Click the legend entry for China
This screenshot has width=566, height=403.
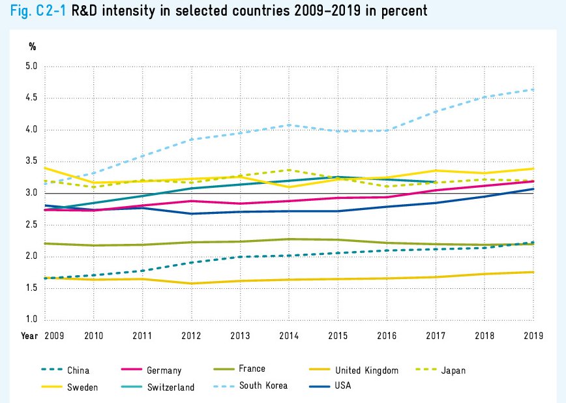pos(78,371)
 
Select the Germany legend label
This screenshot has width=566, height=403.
pos(163,371)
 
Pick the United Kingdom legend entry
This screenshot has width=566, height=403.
pos(366,371)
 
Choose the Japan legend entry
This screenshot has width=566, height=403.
pos(453,371)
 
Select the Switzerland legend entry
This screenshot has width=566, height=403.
pos(170,387)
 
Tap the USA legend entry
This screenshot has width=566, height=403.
pos(343,386)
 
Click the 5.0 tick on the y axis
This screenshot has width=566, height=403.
pos(32,67)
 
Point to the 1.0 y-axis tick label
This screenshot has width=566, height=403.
pos(32,320)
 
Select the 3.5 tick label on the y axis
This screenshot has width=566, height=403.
pos(32,162)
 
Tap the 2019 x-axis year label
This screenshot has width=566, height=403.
pos(533,336)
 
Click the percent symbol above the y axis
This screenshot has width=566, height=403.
pos(33,47)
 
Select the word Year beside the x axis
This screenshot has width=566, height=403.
pos(29,336)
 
